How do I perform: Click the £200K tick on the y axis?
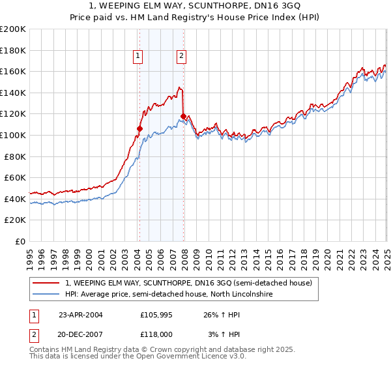pyautogui.click(x=13, y=29)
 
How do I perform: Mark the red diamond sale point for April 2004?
pyautogui.click(x=139, y=128)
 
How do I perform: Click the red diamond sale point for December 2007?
pyautogui.click(x=183, y=116)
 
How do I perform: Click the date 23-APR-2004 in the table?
pyautogui.click(x=81, y=314)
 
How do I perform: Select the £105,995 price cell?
pyautogui.click(x=156, y=314)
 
